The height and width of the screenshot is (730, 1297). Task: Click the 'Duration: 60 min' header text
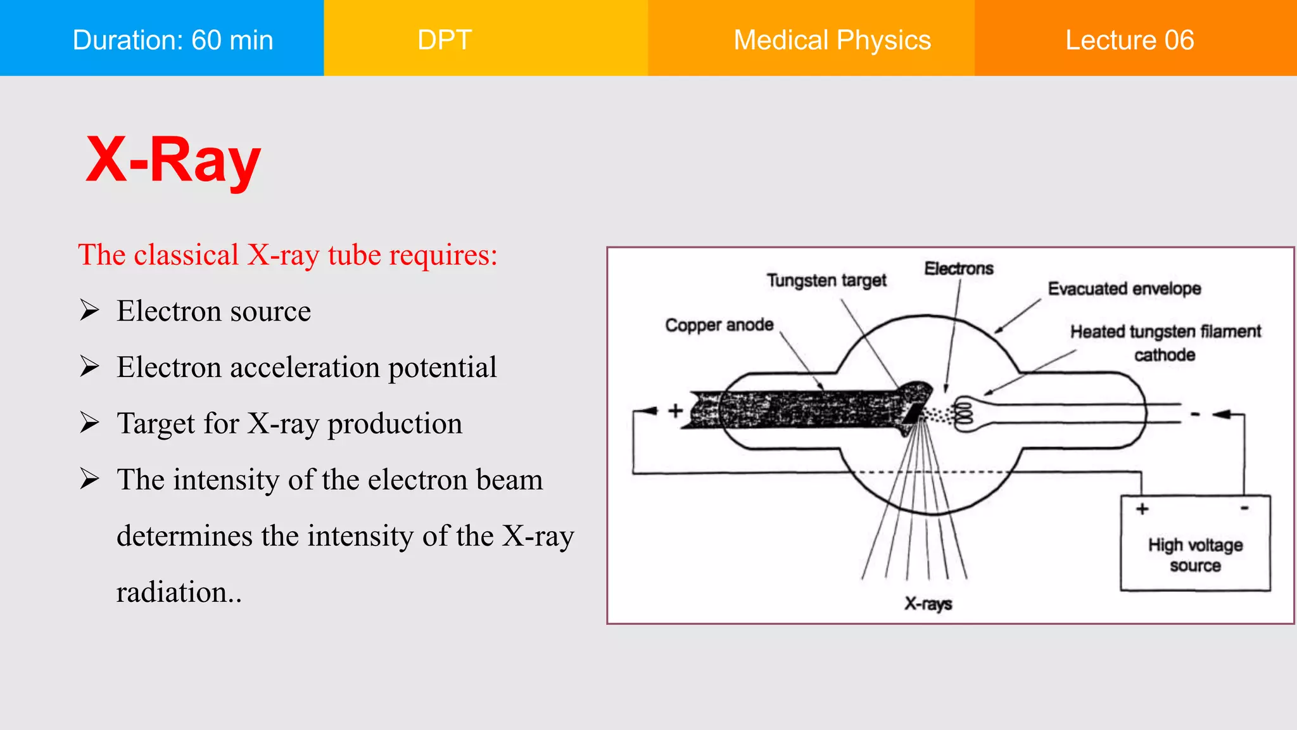coord(173,40)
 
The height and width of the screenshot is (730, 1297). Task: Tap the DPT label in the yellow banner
coord(445,40)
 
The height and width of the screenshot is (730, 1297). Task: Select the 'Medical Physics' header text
coord(832,40)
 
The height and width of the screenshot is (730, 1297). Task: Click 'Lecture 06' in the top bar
coord(1129,40)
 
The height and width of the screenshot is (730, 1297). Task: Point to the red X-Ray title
coord(173,160)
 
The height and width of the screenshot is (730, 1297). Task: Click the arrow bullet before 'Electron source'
coord(89,311)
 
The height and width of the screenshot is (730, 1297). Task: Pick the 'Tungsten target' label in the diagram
coord(826,280)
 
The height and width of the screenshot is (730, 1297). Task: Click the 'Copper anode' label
coord(719,325)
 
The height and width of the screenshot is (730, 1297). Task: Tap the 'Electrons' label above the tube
coord(958,269)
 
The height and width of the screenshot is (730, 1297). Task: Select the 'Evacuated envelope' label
coord(1124,289)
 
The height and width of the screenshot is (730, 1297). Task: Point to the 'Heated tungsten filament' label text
coord(1165,331)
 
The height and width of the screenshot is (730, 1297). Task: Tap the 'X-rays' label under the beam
coord(928,603)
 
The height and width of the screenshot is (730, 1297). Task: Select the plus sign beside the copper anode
coord(676,411)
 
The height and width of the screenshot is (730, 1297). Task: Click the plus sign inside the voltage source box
coord(1142,509)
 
